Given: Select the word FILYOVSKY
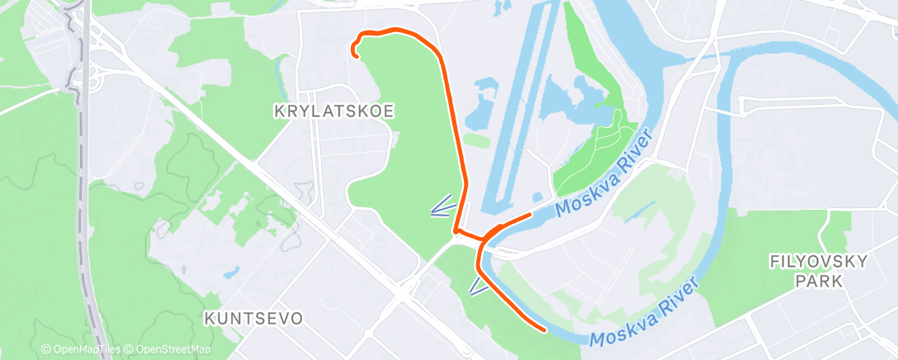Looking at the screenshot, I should [818, 262].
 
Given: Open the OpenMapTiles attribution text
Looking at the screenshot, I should [81, 350].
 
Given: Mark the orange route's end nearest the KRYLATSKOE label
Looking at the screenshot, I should [355, 55].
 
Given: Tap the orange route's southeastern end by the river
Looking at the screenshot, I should [545, 329].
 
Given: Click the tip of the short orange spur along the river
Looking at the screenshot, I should [529, 215].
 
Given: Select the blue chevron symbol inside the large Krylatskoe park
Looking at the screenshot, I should [443, 206].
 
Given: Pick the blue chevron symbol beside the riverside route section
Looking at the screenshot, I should [478, 286].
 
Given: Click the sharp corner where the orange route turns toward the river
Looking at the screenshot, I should [456, 232].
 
